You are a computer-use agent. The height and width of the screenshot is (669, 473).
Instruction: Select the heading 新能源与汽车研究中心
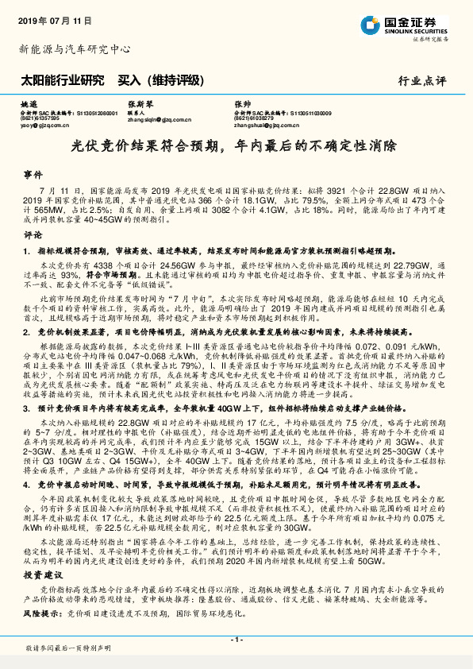coord(75,49)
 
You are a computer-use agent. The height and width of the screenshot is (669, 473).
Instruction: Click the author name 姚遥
coord(29,103)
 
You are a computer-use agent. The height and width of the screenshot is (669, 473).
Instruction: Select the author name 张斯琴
coord(140,103)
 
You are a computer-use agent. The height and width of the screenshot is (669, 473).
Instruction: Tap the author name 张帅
coord(242,103)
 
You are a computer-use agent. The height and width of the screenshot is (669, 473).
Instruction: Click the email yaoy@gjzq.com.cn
coord(47,125)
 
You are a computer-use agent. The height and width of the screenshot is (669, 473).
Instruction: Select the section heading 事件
coord(33,172)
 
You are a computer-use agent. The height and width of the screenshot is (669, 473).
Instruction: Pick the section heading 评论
coord(33,235)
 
